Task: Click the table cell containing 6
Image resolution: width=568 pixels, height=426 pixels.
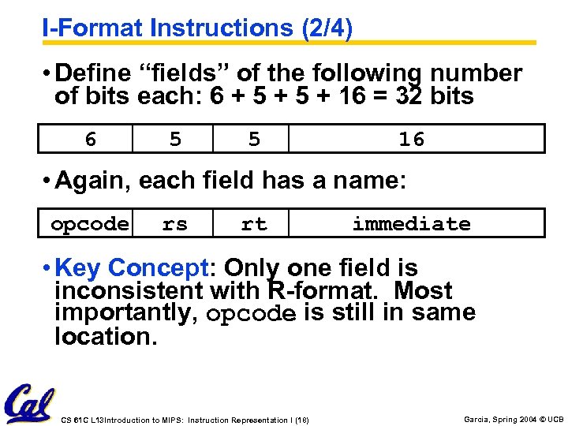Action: point(91,140)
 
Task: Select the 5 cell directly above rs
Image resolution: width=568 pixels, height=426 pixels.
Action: point(175,140)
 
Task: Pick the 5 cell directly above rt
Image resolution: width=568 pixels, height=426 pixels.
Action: point(253,140)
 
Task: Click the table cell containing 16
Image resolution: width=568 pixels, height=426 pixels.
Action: point(411,140)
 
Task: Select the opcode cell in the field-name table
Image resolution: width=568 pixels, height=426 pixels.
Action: point(90,224)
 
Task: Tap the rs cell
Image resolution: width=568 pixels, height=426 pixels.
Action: point(175,224)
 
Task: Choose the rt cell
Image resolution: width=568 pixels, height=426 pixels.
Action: point(253,224)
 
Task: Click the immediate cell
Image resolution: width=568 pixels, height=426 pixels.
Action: point(411,224)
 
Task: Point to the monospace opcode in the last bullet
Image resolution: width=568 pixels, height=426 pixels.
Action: point(251,314)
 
